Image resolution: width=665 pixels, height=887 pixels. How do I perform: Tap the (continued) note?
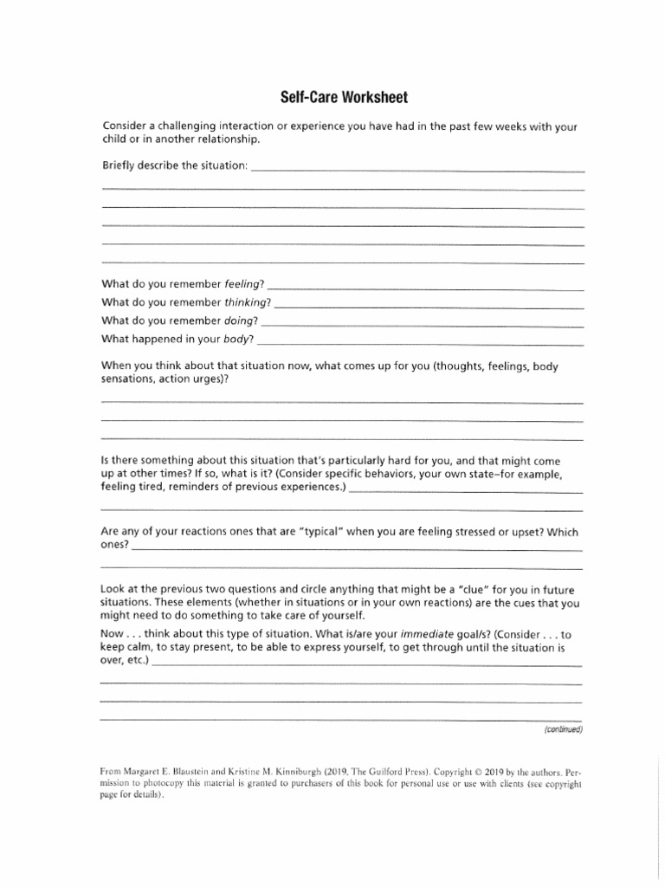pyautogui.click(x=563, y=729)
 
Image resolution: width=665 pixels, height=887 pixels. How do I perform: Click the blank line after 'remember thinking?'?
pyautogui.click(x=429, y=308)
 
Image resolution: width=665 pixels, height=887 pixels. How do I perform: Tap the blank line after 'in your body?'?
pyautogui.click(x=420, y=344)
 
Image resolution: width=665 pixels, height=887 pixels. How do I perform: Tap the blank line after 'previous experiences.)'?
pyautogui.click(x=466, y=492)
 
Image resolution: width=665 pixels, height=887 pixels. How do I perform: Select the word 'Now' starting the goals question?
pyautogui.click(x=112, y=633)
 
